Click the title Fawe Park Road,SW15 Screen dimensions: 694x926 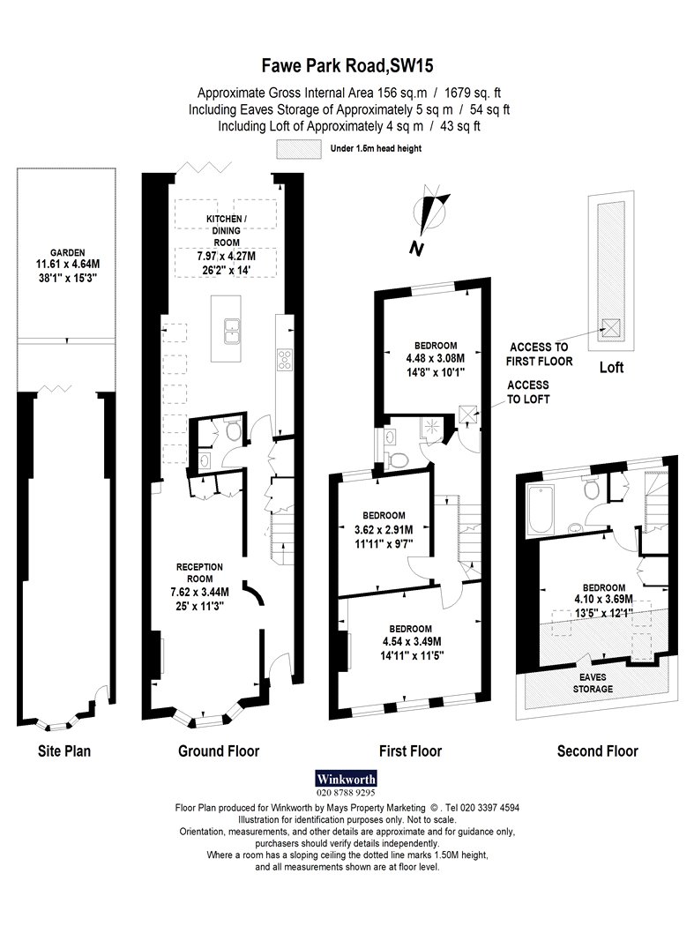pyautogui.click(x=347, y=65)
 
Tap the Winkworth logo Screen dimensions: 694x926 pyautogui.click(x=346, y=779)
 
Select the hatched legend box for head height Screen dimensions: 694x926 pyautogui.click(x=300, y=149)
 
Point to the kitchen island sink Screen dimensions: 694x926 pyautogui.click(x=231, y=330)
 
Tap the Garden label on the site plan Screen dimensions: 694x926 pyautogui.click(x=67, y=252)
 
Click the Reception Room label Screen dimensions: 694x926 pyautogui.click(x=199, y=573)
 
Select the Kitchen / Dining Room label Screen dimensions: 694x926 pyautogui.click(x=227, y=230)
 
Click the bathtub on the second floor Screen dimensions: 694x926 pyautogui.click(x=540, y=510)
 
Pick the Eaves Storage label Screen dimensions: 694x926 pyautogui.click(x=593, y=683)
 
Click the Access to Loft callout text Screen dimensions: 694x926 pyautogui.click(x=528, y=392)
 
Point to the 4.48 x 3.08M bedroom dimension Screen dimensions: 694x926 pyautogui.click(x=436, y=358)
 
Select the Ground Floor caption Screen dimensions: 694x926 pyautogui.click(x=219, y=751)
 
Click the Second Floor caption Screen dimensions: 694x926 pyautogui.click(x=598, y=751)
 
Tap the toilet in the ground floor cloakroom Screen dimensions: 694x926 pyautogui.click(x=234, y=431)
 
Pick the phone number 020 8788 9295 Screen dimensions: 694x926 pyautogui.click(x=346, y=793)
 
